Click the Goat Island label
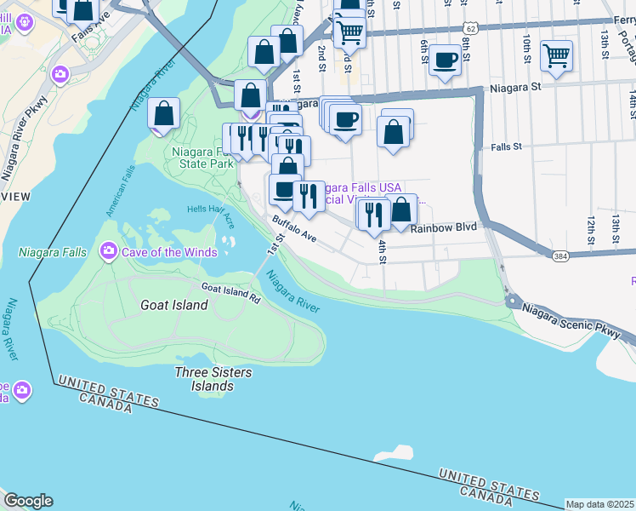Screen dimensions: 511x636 173,305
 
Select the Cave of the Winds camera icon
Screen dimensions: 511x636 109,251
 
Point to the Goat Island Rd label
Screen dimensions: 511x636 230,293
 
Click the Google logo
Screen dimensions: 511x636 28,501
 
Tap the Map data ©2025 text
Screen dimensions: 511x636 599,504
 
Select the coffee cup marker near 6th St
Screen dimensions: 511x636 445,60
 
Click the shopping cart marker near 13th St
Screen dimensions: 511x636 556,56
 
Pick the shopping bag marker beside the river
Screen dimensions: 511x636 163,113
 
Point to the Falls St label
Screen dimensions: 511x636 505,146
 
